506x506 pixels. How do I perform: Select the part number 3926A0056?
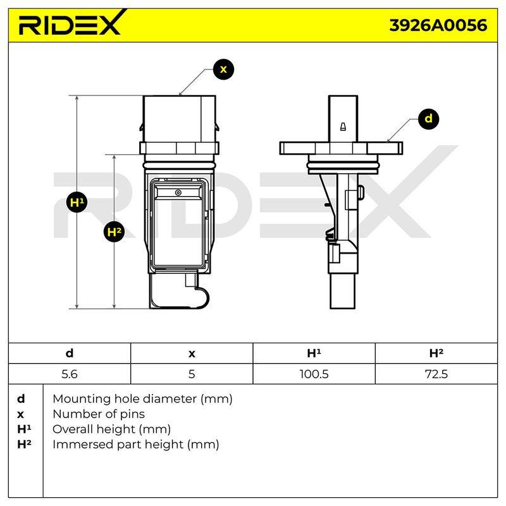pos(438,25)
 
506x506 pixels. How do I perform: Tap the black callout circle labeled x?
pos(223,70)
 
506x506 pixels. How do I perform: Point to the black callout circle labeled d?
pos(429,119)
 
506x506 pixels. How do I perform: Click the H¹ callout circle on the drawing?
pos(77,202)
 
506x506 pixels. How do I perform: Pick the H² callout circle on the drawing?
pos(114,231)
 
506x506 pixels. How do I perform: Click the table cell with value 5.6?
pos(70,374)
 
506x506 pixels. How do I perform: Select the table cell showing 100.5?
pos(314,374)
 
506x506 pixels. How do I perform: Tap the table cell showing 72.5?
pos(436,374)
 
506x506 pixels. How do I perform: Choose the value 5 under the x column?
pos(192,374)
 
